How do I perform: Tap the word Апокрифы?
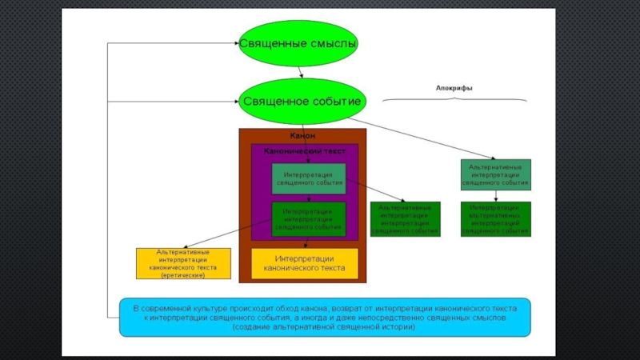pos(454,88)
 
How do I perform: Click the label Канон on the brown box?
pos(302,136)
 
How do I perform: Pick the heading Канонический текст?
pos(302,150)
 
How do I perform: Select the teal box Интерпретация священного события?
pos(309,178)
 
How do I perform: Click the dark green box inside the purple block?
pos(309,218)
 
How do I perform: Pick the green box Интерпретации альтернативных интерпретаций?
pos(496,219)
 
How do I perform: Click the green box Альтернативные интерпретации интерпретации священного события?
pos(404,219)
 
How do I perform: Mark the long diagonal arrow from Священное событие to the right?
pos(424,134)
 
